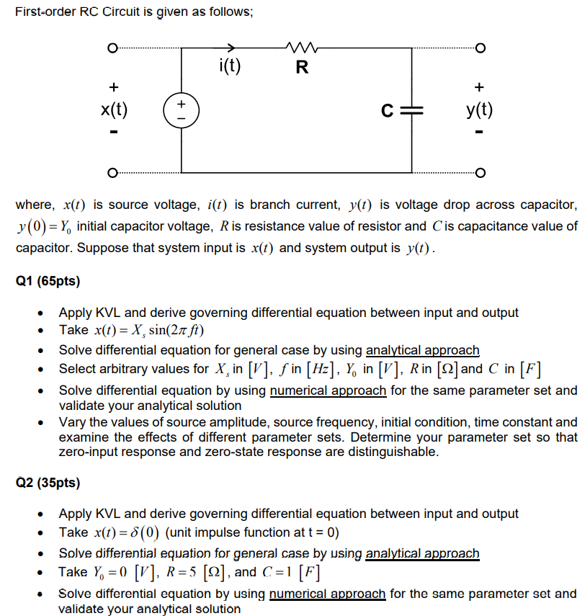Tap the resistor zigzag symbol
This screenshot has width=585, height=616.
point(298,49)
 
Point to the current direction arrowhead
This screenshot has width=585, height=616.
point(231,49)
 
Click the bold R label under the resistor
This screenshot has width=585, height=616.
point(302,68)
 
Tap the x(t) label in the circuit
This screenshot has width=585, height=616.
point(114,110)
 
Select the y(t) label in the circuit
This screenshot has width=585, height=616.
point(480,110)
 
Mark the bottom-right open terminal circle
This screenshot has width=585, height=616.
point(481,172)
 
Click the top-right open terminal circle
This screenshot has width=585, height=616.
point(481,49)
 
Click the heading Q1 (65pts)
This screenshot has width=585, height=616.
point(48,280)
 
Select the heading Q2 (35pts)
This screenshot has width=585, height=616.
point(48,482)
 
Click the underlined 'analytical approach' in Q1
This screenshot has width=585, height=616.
point(422,350)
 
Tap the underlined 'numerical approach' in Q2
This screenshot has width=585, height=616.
point(328,594)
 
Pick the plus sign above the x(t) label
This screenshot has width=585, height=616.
point(113,86)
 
